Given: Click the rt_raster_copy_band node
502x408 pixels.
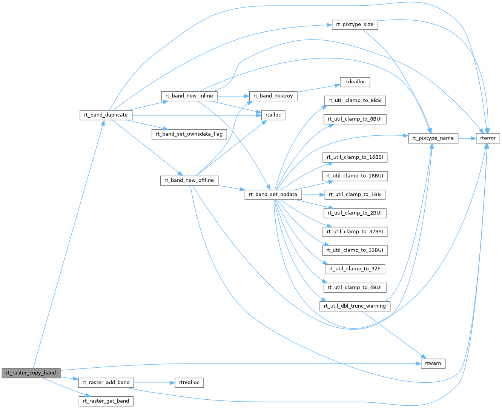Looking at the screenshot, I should pos(31,373).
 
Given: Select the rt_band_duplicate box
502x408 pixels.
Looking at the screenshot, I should pos(106,115).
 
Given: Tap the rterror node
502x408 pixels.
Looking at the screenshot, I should pos(488,138).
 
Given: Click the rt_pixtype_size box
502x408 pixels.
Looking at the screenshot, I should pos(355,25).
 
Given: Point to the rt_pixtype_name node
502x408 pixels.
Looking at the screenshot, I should pos(433,138).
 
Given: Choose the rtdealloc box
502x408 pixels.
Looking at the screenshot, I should pos(355,82).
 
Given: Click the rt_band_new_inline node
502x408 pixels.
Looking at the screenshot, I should pos(189,96).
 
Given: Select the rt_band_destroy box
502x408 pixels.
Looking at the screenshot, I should pos(273,96).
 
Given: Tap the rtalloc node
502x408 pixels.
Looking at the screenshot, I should pos(273,115).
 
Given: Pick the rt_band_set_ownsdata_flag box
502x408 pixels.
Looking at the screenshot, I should pos(189,134).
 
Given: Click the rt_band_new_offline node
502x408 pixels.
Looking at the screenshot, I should pos(189,180).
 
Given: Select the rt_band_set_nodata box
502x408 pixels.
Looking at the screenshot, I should pos(273,195).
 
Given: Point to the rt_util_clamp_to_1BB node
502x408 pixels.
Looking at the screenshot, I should pos(355,195).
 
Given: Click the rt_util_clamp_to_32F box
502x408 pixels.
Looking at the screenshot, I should pos(355,269).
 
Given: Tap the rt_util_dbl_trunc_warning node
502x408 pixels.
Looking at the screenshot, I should pos(355,306).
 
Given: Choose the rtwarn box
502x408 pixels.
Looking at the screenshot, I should pos(433,364).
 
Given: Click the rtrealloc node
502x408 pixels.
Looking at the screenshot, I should pos(189,382).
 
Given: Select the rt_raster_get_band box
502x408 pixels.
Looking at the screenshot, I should pos(106,401).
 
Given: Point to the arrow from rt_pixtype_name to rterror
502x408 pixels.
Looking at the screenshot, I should pos(467,138).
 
